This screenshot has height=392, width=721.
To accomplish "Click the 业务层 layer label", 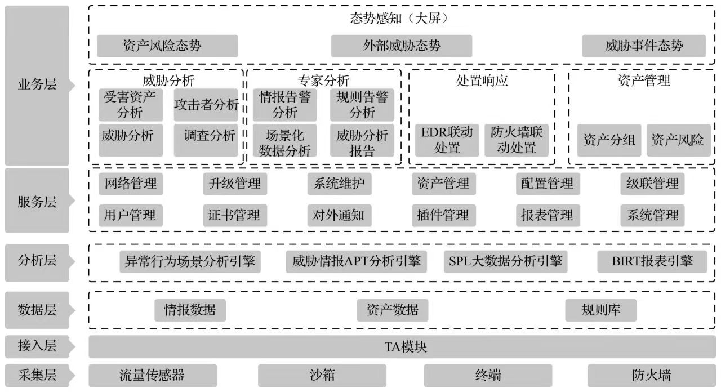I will pyautogui.click(x=37, y=86).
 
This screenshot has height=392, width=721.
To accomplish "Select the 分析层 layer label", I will pyautogui.click(x=37, y=261).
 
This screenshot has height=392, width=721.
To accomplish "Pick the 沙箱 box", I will pyautogui.click(x=322, y=375).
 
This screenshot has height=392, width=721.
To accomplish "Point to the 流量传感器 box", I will pyautogui.click(x=153, y=375).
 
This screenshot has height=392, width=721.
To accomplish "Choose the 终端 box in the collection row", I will pyautogui.click(x=488, y=375).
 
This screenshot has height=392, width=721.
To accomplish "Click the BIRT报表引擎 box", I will pyautogui.click(x=652, y=261).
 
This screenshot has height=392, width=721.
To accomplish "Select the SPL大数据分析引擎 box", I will pyautogui.click(x=505, y=261).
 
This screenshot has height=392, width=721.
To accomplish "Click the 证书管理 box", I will pyautogui.click(x=234, y=215).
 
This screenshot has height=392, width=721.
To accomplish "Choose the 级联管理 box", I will pyautogui.click(x=652, y=184).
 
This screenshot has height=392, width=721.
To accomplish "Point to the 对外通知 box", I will pyautogui.click(x=339, y=215).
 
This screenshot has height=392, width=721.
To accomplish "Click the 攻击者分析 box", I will pyautogui.click(x=206, y=105).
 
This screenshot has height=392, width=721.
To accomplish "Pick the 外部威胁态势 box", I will pyautogui.click(x=402, y=46).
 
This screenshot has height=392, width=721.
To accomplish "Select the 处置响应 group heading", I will pyautogui.click(x=482, y=81).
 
